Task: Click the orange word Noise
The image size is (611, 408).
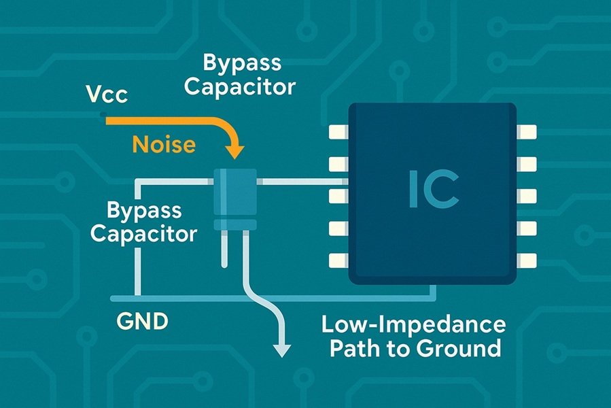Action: pyautogui.click(x=164, y=144)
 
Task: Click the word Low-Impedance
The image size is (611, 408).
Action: pyautogui.click(x=413, y=324)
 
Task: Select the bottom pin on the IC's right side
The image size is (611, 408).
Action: pyautogui.click(x=527, y=260)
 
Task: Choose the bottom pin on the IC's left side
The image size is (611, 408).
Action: pyautogui.click(x=338, y=260)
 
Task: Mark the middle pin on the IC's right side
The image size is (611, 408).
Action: pyautogui.click(x=527, y=196)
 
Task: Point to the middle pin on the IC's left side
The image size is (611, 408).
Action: pyautogui.click(x=338, y=196)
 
